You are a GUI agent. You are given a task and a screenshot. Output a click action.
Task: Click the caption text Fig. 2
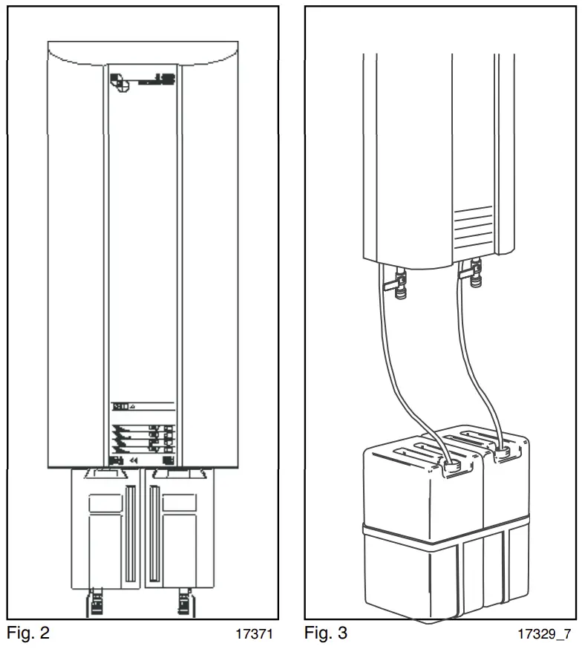tap(28, 633)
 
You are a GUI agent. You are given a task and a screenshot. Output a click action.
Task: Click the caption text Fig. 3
tap(325, 633)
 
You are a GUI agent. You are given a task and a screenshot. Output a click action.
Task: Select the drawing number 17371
tap(255, 635)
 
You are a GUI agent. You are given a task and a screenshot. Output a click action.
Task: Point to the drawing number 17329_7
tap(546, 635)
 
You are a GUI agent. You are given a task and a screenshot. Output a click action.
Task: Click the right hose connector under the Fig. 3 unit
tap(474, 276)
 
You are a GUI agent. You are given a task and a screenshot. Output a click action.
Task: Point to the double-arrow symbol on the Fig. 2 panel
tap(134, 460)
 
